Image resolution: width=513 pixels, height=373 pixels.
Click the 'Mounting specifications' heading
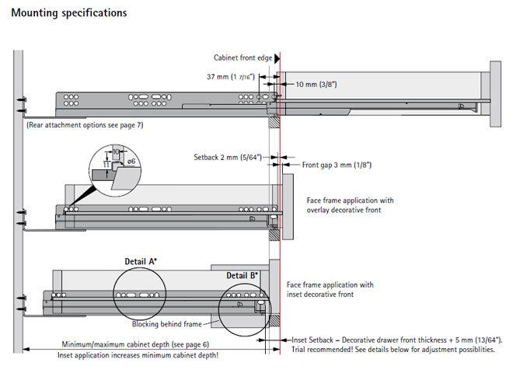point(69,13)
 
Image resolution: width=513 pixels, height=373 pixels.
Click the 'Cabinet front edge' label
point(243,58)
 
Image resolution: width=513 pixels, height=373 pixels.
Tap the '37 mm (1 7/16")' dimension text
point(231,78)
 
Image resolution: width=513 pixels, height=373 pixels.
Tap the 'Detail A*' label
point(141,262)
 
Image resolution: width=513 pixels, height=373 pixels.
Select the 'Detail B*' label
point(242,276)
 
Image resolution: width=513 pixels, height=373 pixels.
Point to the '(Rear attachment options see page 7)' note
point(85,125)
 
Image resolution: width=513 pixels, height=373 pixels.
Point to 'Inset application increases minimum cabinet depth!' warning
point(138,355)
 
